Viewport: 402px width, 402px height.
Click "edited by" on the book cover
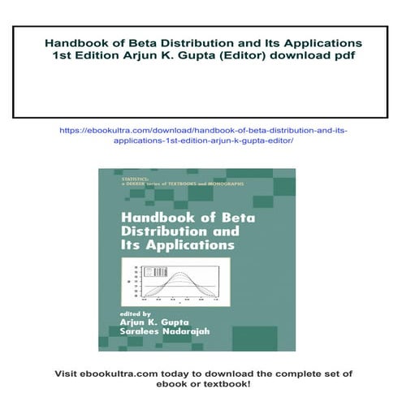pyautogui.click(x=134, y=313)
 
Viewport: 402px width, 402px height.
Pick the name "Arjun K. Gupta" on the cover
pyautogui.click(x=154, y=322)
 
